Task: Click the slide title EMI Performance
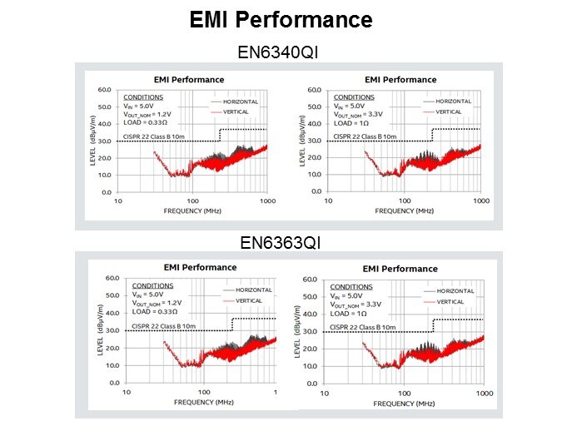(281, 19)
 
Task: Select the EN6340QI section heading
(280, 52)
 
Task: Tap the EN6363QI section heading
(280, 242)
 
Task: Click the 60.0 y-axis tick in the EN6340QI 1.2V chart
(104, 89)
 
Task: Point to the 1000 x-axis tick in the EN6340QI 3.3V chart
(480, 201)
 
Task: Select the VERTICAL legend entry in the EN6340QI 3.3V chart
(448, 111)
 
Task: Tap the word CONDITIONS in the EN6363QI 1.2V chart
(153, 285)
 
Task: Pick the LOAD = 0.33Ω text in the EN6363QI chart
(158, 313)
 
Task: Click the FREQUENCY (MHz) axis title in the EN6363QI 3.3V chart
(405, 403)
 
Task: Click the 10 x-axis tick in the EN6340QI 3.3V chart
(331, 201)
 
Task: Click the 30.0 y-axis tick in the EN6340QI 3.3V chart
(317, 141)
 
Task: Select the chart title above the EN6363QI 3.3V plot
(400, 269)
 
